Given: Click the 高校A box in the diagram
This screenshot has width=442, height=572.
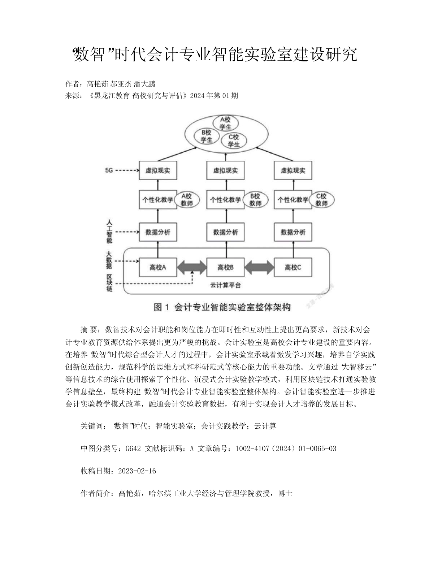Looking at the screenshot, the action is (158, 267).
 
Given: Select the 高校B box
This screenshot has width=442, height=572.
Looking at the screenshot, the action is (225, 267).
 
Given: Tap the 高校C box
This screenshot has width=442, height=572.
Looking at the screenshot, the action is (293, 267).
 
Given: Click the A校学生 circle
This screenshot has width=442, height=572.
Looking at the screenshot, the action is (226, 123).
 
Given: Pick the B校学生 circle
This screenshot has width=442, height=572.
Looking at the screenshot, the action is (207, 136).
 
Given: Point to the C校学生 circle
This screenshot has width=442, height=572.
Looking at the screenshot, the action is (234, 140).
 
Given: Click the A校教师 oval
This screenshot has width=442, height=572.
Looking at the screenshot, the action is (187, 200).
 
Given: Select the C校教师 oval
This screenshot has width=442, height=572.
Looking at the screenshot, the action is (321, 200).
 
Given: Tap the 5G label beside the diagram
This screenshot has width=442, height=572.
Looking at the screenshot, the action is (109, 170).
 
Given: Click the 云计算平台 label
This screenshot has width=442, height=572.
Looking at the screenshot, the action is (225, 285).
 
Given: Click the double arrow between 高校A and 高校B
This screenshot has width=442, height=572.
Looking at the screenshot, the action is (192, 267).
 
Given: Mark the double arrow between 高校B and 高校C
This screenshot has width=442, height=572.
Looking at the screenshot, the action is (259, 267).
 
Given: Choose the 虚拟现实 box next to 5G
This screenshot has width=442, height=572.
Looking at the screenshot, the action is (158, 170).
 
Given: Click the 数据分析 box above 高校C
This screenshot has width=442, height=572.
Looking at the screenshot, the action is (293, 232).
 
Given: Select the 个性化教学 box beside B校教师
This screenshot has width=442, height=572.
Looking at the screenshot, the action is (225, 200).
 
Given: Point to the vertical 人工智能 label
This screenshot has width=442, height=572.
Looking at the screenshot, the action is (109, 232).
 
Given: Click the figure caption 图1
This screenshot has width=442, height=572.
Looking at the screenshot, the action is (161, 307).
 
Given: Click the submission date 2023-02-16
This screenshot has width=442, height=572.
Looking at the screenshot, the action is (137, 471).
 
